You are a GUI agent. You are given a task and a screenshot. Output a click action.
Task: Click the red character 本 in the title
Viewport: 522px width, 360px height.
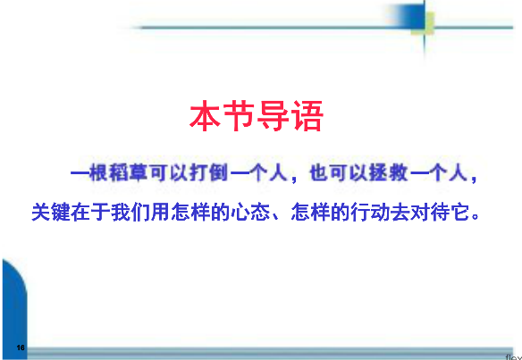tap(206, 116)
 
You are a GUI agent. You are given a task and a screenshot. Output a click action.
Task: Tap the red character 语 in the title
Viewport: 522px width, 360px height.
tap(307, 116)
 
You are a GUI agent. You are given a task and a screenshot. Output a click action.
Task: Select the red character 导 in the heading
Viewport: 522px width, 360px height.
tap(274, 116)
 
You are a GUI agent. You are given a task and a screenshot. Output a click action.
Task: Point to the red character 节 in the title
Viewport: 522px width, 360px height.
tap(240, 116)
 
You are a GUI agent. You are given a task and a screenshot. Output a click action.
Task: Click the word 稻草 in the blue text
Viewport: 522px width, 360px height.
tap(129, 173)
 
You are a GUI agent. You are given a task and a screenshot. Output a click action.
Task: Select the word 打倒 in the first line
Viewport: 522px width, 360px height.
tap(209, 173)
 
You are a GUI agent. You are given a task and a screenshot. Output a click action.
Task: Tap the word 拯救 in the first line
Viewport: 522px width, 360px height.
tap(389, 173)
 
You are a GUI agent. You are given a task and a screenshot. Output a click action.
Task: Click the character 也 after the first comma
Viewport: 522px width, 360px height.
tap(319, 173)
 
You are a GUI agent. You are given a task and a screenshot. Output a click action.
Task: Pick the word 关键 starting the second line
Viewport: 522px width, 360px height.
tap(51, 213)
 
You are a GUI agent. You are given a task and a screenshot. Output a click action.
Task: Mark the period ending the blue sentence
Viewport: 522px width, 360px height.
tap(476, 218)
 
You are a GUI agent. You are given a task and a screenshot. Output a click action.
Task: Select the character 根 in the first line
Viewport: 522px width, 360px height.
tap(99, 173)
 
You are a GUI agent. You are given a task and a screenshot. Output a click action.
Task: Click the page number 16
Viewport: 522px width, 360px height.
tap(21, 347)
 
